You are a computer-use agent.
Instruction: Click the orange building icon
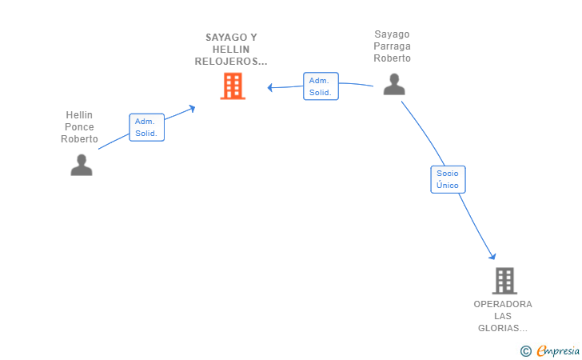tap(233, 86)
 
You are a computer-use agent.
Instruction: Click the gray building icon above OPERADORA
tap(504, 281)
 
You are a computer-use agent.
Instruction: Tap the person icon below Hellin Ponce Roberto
tap(82, 165)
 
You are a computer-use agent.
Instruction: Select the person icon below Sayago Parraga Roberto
tap(394, 84)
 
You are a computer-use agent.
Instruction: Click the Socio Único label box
tap(448, 179)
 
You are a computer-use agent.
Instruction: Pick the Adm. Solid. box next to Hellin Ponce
tap(146, 127)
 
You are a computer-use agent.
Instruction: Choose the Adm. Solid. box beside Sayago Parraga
tap(321, 86)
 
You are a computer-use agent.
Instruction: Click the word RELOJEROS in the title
tap(228, 62)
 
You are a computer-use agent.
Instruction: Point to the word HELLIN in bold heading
tap(231, 50)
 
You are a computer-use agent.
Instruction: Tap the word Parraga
tap(392, 46)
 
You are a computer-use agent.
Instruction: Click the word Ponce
tap(79, 127)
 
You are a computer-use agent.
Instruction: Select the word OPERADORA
tap(503, 304)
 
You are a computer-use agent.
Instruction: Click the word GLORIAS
tap(500, 328)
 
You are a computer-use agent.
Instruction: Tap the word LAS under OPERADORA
tap(503, 316)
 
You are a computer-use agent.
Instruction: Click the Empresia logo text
tap(558, 350)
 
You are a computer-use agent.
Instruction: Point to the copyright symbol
tap(525, 351)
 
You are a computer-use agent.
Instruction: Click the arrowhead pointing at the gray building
tap(492, 256)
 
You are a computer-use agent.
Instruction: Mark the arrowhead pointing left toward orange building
tap(270, 88)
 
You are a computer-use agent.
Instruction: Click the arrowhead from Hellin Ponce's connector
tap(192, 108)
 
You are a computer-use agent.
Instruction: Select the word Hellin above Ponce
tap(79, 115)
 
